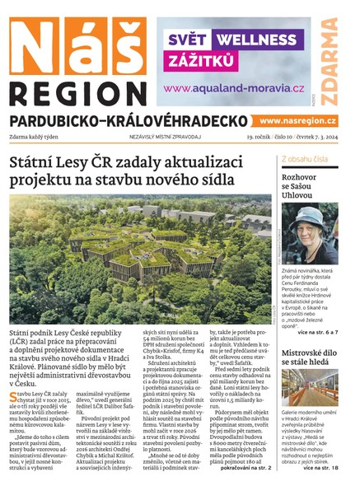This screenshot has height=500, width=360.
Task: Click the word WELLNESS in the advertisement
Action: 255,39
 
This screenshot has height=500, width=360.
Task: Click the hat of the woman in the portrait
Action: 311,216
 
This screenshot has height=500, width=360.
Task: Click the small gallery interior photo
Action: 309,387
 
